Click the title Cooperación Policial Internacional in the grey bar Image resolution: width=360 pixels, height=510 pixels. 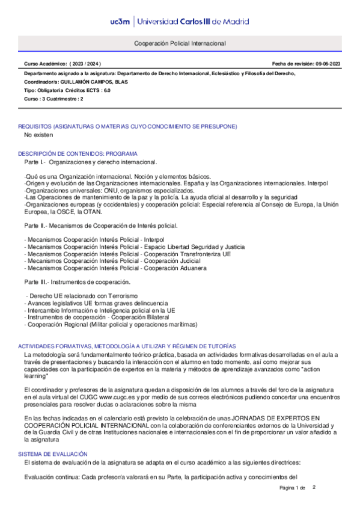tap(180, 44)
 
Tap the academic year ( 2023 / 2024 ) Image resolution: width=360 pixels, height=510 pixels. tap(85, 64)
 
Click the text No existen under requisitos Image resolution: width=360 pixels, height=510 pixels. tap(40, 135)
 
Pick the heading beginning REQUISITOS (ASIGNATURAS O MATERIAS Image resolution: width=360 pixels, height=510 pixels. tap(127, 126)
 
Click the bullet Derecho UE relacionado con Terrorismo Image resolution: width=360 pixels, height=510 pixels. tap(82, 296)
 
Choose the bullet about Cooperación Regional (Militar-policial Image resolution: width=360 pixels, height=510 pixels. tap(111, 325)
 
